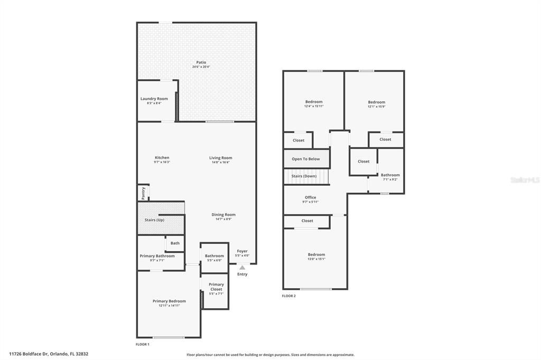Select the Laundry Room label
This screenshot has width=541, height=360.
[x=154, y=99]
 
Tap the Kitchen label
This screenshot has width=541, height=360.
[x=162, y=158]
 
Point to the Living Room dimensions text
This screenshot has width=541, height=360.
[x=220, y=162]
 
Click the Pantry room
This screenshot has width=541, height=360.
[x=143, y=193]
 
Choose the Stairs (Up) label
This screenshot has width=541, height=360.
[x=154, y=220]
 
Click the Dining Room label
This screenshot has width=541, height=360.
[x=223, y=215]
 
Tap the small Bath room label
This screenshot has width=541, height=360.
[x=175, y=243]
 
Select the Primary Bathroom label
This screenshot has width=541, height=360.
[x=157, y=256]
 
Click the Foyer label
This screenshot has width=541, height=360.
[x=242, y=251]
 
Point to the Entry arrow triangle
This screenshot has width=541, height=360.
[x=242, y=268]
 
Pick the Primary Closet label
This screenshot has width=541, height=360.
[x=216, y=287]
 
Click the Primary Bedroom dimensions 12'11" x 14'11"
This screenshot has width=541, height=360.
[x=169, y=306]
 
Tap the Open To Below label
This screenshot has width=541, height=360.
[x=305, y=159]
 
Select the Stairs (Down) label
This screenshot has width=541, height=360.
[x=304, y=176]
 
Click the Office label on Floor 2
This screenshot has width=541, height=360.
[x=310, y=197]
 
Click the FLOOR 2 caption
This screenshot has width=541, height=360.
[x=288, y=296]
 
